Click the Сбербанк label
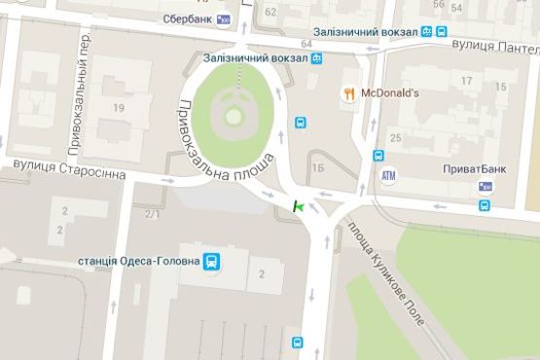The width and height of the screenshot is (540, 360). pos(187,18)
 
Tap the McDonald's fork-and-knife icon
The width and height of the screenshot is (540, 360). pos(348,93)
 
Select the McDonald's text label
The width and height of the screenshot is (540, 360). pos(389,93)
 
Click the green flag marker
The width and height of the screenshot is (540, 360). pos(298,206)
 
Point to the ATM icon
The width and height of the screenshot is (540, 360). pos(389,175)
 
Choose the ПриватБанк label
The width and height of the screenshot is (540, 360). pos(474,169)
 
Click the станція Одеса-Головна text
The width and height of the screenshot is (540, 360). pos(137,261)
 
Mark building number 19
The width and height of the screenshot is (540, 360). pos(120,107)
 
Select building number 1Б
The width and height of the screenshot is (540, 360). pos(318,167)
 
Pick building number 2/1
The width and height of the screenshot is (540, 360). pos(152,214)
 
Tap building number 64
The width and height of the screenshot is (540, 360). pos(306,45)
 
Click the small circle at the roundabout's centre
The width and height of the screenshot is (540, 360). pos(233,116)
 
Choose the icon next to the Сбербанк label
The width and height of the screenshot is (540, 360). pos(224,18)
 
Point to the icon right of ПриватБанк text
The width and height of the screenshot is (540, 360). pos(485,186)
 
